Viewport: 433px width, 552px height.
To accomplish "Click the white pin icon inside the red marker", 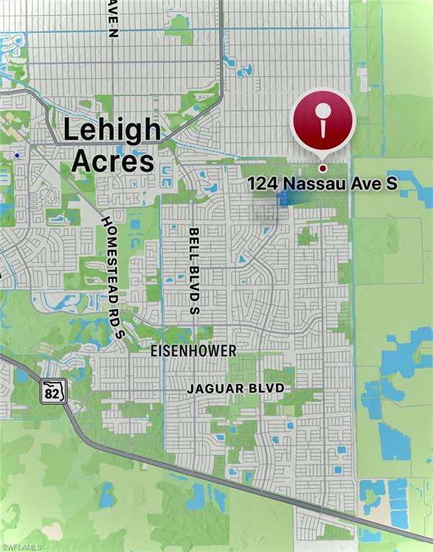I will pyautogui.click(x=323, y=119).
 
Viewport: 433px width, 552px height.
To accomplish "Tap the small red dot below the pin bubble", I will pyautogui.click(x=323, y=168).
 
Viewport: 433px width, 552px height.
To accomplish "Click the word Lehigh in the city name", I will pyautogui.click(x=111, y=131).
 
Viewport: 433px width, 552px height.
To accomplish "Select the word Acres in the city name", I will pyautogui.click(x=112, y=161).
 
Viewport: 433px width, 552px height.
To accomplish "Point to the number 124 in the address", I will pyautogui.click(x=263, y=184).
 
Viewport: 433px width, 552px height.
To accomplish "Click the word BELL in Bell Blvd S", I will pyautogui.click(x=193, y=242).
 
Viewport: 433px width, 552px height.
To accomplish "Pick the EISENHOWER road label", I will pyautogui.click(x=193, y=351).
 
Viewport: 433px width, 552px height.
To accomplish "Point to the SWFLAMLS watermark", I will pyautogui.click(x=22, y=546).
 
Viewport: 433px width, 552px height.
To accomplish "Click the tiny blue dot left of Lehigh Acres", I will pyautogui.click(x=17, y=155).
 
